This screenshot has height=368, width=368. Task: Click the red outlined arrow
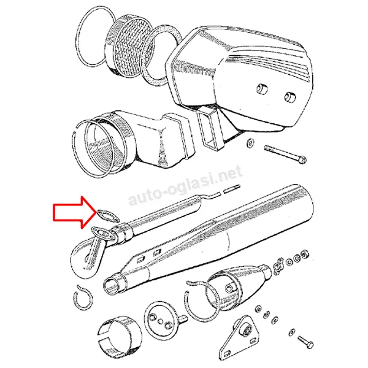pos(73,212)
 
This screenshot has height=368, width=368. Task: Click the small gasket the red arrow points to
pos(108,215)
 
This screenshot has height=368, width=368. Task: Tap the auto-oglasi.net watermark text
pos(185,185)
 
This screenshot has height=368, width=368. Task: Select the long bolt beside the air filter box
pos(285,154)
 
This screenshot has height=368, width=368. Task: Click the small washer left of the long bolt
pos(250,142)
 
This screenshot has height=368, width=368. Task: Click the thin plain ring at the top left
pos(97,36)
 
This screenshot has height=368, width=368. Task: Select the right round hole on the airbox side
pos(290,97)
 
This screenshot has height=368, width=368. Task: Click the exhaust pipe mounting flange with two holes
pos(104,234)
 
